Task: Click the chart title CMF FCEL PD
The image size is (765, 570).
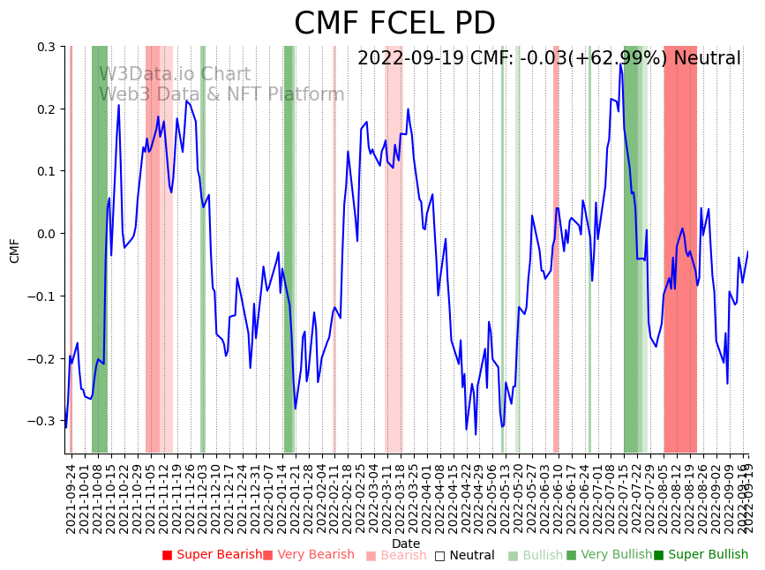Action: click(x=394, y=24)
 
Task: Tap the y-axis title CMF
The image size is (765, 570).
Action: click(x=15, y=251)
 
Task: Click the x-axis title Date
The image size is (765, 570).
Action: click(x=406, y=544)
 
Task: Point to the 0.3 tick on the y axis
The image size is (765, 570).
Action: click(x=47, y=47)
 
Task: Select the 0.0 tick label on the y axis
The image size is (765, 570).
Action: click(x=47, y=234)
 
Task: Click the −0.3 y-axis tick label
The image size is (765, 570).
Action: click(x=43, y=421)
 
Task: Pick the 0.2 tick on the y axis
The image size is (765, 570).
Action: click(x=47, y=109)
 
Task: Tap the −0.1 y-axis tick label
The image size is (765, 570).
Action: click(x=43, y=296)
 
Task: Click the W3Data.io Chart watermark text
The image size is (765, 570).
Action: click(x=174, y=75)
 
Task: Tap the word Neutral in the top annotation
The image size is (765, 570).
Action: click(x=707, y=59)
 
